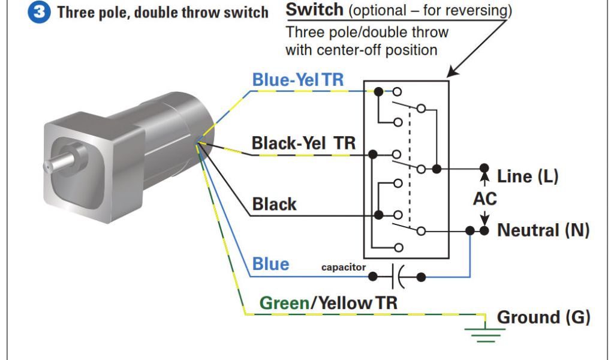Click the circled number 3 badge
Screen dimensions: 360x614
[x=40, y=13]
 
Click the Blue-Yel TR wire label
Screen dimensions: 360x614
[x=298, y=80]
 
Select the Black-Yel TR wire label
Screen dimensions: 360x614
[x=303, y=143]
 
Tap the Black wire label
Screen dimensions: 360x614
[x=274, y=204]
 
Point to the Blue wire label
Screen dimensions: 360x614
[x=270, y=264]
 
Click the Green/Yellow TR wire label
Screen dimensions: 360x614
[x=328, y=303]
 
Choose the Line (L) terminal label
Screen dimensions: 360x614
[x=528, y=176]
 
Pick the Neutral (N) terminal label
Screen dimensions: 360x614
[x=543, y=230]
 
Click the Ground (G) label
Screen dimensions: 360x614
[x=543, y=317]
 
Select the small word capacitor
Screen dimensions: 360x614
[x=343, y=267]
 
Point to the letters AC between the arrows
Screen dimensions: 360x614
[x=484, y=199]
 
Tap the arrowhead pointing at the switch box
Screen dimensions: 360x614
[x=451, y=73]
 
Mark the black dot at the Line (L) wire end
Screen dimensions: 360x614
[x=483, y=169]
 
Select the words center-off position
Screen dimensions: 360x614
[x=361, y=50]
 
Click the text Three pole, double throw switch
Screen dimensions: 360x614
[x=162, y=13]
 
